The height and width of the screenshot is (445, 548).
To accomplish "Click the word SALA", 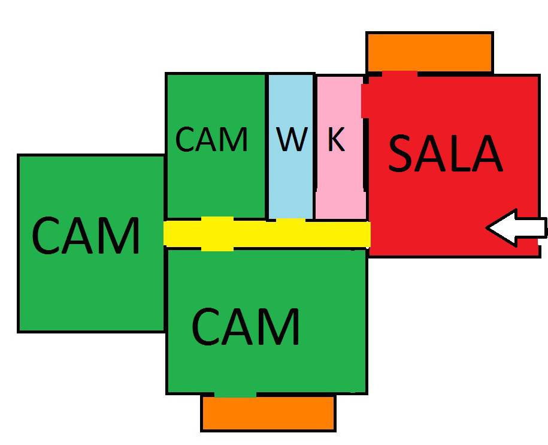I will (x=445, y=155).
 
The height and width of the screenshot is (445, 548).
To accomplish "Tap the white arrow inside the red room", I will (x=516, y=228).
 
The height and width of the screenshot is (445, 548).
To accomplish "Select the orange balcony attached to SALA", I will (x=429, y=52).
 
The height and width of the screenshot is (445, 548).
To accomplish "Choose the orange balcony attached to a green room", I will (x=268, y=414).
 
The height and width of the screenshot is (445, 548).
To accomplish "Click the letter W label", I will (x=292, y=139).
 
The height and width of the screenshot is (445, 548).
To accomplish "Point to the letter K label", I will (x=337, y=139).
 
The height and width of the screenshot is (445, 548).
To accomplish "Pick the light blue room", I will (x=290, y=180).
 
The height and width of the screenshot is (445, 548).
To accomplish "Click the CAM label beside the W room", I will (x=211, y=139).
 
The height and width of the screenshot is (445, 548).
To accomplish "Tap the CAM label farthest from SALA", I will (x=86, y=236).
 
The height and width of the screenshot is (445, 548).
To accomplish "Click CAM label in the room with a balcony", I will (x=246, y=326).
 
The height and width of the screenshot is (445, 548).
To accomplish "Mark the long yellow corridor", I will (x=267, y=233).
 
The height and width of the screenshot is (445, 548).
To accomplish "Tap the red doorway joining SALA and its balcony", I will (x=399, y=74).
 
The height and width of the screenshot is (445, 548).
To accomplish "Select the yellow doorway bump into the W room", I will (x=290, y=221).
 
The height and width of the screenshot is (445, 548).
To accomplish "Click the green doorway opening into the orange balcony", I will (x=235, y=393).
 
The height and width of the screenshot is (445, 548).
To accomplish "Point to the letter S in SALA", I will (x=402, y=155).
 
